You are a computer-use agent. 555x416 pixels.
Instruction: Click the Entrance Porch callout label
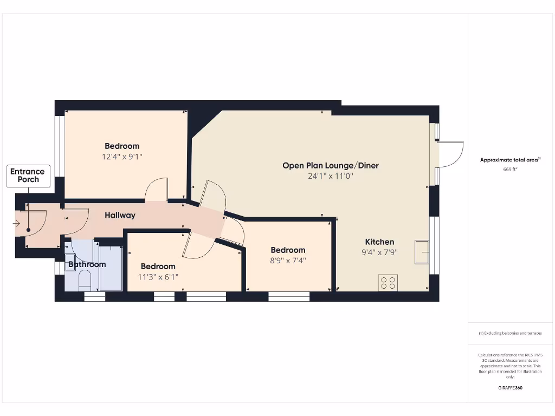tap(28, 176)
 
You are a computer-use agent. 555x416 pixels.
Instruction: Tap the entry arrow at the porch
tap(16, 223)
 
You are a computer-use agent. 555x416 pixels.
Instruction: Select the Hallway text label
tap(120, 215)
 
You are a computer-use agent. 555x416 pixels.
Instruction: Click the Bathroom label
tap(87, 264)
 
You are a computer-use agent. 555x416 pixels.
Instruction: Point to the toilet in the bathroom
tap(85, 281)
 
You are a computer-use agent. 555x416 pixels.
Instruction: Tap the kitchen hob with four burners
tap(388, 282)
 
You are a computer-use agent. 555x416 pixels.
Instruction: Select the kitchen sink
tap(422, 252)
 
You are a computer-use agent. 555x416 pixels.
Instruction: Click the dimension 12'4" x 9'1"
tap(122, 157)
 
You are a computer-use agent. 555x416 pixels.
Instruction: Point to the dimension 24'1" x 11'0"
tap(330, 176)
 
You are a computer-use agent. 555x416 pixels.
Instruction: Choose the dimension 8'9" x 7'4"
tap(288, 261)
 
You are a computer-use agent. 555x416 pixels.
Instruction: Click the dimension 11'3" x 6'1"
tap(158, 277)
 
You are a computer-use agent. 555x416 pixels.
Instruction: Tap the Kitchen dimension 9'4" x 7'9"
tap(379, 252)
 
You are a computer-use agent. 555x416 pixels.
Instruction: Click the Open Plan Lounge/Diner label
tap(330, 165)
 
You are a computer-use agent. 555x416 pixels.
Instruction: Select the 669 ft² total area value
tap(510, 170)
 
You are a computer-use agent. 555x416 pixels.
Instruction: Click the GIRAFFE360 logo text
tap(510, 388)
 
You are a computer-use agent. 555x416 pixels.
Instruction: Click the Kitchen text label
tap(379, 242)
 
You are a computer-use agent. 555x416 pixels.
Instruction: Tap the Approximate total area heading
tap(510, 160)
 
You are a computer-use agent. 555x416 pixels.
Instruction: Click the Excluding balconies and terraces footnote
tap(510, 333)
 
